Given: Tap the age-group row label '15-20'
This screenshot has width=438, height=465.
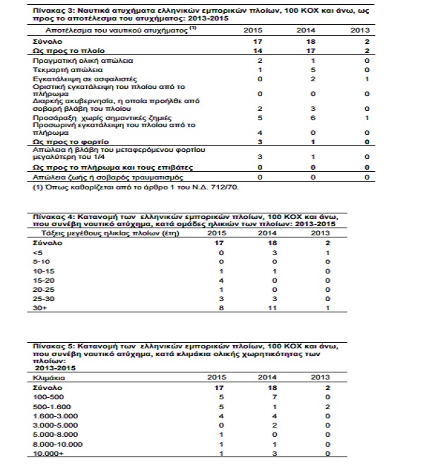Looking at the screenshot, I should click(x=43, y=280).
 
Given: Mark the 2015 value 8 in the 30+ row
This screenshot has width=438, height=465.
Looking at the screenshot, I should click(x=221, y=307).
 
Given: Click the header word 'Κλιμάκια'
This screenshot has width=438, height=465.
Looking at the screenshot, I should click(x=49, y=378).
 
